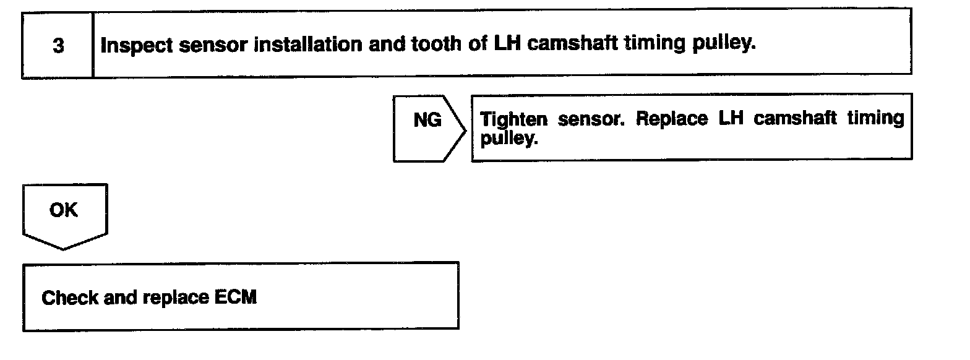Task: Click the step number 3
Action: click(x=58, y=46)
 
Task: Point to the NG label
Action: click(x=427, y=121)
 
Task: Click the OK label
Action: click(x=64, y=210)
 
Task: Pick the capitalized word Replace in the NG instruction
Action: click(x=672, y=119)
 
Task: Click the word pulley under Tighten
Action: click(x=507, y=139)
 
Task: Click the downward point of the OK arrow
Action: click(x=64, y=249)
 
